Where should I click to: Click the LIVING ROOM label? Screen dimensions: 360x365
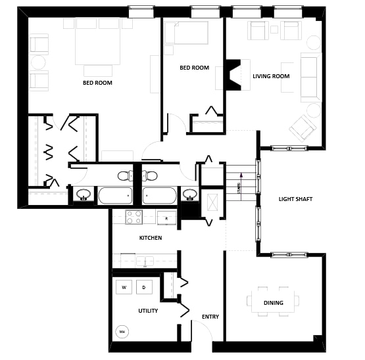pyautogui.click(x=271, y=76)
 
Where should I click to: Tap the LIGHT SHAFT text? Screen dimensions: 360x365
pyautogui.click(x=295, y=199)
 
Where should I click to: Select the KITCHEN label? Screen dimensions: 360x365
pyautogui.click(x=150, y=238)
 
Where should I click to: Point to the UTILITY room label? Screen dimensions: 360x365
pyautogui.click(x=148, y=311)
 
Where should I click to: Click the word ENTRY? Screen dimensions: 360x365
pyautogui.click(x=210, y=317)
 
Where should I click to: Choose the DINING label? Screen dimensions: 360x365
pyautogui.click(x=274, y=303)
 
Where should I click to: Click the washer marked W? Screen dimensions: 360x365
pyautogui.click(x=124, y=287)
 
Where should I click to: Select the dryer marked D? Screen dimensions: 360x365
pyautogui.click(x=145, y=287)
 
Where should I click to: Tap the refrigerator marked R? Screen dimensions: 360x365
pyautogui.click(x=166, y=218)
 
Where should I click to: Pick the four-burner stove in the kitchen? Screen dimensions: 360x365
pyautogui.click(x=134, y=217)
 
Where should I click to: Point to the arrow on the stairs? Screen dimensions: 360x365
pyautogui.click(x=242, y=175)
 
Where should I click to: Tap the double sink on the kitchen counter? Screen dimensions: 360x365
pyautogui.click(x=145, y=261)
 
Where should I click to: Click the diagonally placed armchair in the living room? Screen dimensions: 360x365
pyautogui.click(x=302, y=127)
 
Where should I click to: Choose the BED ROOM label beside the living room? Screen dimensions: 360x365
pyautogui.click(x=194, y=68)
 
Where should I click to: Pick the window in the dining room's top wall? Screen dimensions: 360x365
pyautogui.click(x=289, y=255)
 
